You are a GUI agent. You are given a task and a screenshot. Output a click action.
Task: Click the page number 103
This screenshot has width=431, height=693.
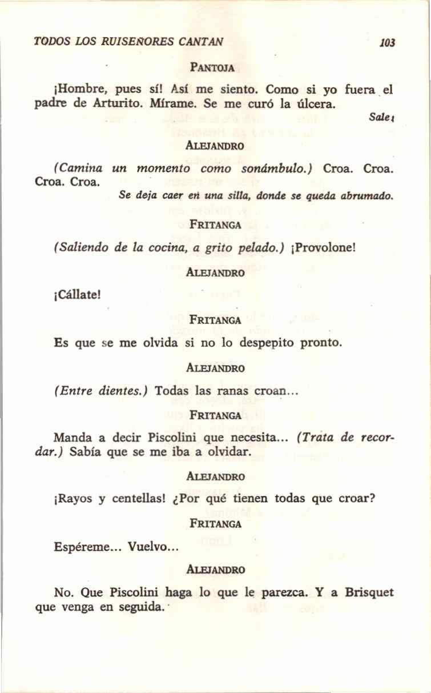tap(387, 43)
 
